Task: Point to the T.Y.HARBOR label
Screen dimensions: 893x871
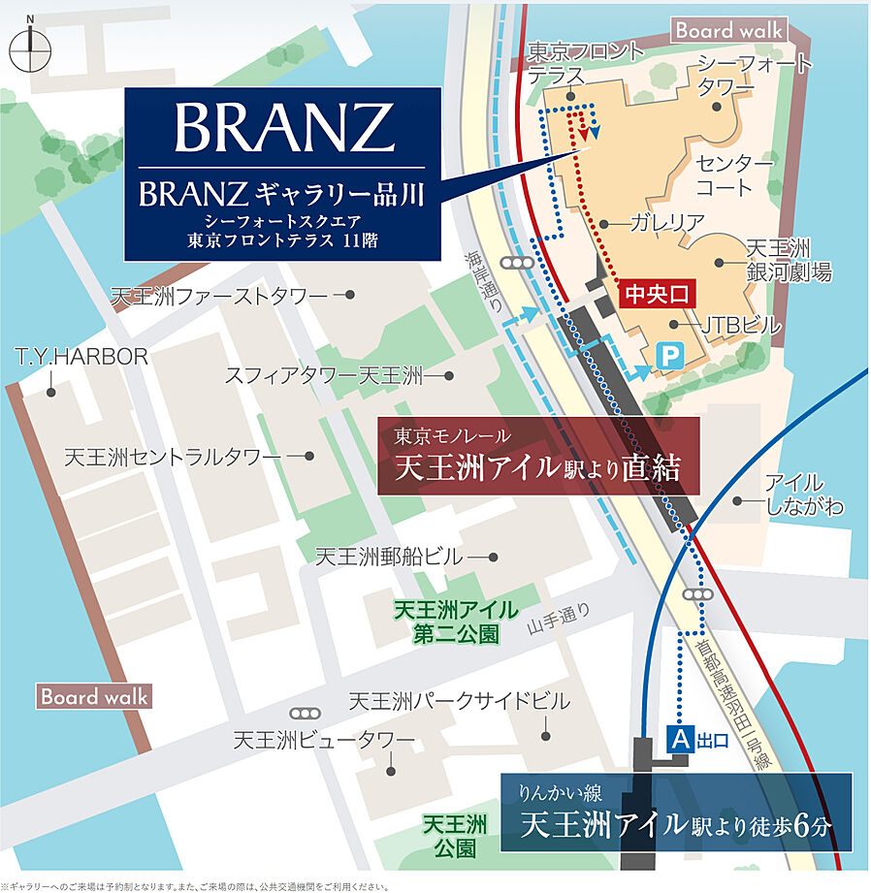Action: pyautogui.click(x=81, y=357)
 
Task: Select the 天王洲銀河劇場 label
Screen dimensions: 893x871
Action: pyautogui.click(x=788, y=261)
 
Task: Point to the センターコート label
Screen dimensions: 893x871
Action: pyautogui.click(x=735, y=175)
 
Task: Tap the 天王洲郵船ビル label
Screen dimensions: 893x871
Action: pyautogui.click(x=390, y=557)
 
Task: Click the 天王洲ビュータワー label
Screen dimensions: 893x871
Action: pyautogui.click(x=324, y=741)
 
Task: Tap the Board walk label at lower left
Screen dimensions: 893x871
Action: pyautogui.click(x=94, y=696)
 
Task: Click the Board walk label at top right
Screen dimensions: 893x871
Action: pyautogui.click(x=729, y=30)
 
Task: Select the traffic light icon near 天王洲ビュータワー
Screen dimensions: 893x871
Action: pyautogui.click(x=308, y=713)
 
